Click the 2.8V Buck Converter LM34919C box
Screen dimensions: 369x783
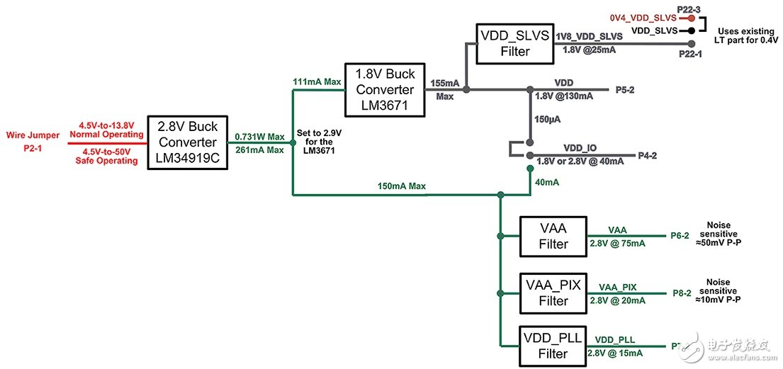click(188, 142)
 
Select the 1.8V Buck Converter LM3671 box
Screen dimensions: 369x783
click(385, 90)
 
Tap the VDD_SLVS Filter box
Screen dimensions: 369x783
click(514, 43)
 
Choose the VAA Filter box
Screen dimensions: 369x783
click(553, 235)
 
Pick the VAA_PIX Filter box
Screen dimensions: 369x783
click(553, 293)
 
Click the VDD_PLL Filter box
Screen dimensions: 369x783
click(553, 346)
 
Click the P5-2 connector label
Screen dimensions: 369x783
click(625, 90)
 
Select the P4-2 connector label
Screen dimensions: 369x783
click(647, 154)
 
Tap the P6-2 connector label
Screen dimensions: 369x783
click(680, 236)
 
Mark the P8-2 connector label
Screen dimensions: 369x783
click(680, 293)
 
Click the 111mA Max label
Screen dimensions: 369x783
click(317, 82)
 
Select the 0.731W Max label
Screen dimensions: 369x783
click(259, 137)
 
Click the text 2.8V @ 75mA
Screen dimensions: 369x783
click(617, 244)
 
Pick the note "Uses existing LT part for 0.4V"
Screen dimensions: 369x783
click(748, 36)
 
